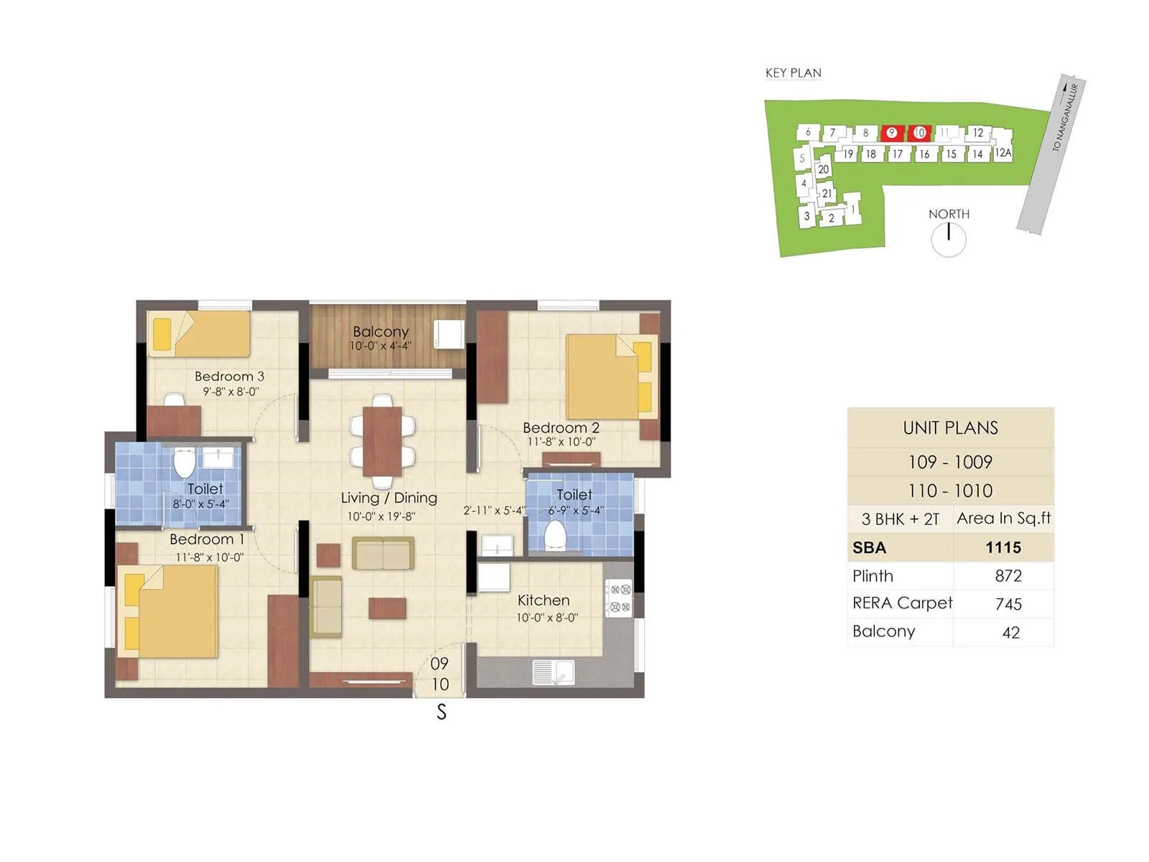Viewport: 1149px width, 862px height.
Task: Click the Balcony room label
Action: point(381,332)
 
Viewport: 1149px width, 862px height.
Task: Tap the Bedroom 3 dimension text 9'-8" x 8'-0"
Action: point(231,391)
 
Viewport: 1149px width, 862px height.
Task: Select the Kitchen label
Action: point(544,601)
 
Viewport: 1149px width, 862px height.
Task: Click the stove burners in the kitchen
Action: point(619,598)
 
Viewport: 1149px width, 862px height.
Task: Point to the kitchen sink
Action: point(553,672)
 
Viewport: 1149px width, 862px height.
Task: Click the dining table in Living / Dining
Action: point(382,441)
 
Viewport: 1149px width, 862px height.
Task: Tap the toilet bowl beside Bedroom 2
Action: point(555,535)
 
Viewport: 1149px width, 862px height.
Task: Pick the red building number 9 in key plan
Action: point(891,133)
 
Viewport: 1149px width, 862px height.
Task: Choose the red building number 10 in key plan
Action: point(919,133)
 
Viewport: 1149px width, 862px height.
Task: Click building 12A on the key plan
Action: point(1003,153)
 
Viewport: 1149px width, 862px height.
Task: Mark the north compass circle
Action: point(949,240)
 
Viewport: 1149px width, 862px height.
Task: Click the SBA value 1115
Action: point(1003,547)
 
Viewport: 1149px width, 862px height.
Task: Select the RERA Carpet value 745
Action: point(1008,604)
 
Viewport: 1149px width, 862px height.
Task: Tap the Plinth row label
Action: point(873,576)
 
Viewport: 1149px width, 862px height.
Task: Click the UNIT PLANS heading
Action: point(950,428)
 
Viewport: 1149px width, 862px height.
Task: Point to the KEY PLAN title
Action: point(793,73)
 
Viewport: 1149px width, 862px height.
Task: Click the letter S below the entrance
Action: point(442,712)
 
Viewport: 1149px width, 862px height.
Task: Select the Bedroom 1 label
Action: point(207,539)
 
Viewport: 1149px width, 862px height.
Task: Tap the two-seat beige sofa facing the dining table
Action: point(383,554)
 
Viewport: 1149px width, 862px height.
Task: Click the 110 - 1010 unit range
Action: point(950,491)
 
